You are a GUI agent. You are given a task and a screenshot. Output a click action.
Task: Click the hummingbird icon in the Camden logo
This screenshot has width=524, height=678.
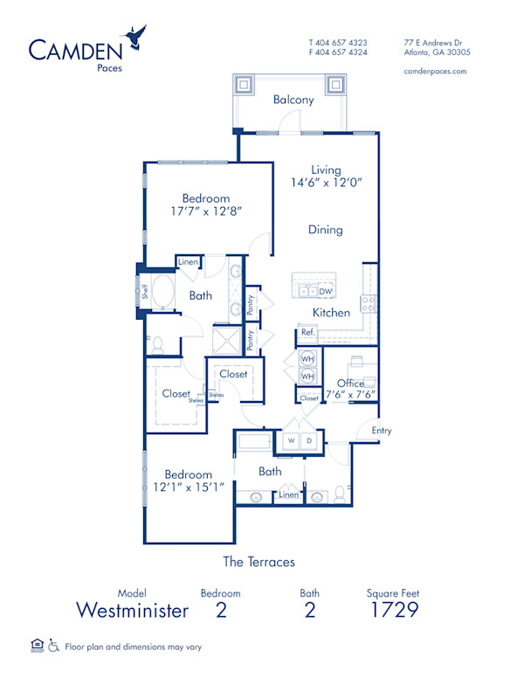coord(135,37)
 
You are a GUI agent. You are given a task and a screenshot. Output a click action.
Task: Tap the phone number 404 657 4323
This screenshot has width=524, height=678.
coord(341,42)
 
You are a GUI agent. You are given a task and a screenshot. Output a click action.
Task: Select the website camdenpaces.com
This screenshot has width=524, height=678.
coord(435,72)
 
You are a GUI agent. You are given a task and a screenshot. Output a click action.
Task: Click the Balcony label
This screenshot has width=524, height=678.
coord(293,100)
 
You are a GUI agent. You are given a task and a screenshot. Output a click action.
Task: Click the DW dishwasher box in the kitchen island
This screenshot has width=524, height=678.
coord(325,291)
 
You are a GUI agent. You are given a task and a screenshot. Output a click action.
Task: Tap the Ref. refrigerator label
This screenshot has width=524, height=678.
coord(307,333)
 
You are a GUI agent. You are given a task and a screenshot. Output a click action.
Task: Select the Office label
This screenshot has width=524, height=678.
coord(349,383)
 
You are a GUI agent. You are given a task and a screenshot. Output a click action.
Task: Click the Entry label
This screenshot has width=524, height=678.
coord(381,430)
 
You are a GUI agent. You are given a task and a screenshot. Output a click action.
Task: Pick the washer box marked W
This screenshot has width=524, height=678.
coord(291,441)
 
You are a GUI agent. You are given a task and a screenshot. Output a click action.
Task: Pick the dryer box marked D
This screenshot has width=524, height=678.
coord(308,441)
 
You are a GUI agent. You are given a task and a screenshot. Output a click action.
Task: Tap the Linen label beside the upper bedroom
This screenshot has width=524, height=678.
coord(188,262)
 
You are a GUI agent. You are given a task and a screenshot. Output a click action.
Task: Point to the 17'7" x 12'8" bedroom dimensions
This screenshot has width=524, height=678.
coord(194,211)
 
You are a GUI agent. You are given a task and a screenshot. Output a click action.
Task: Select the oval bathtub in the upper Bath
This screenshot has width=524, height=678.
coord(162,294)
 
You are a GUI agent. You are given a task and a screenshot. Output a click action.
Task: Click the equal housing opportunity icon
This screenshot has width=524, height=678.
coord(36,646)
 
